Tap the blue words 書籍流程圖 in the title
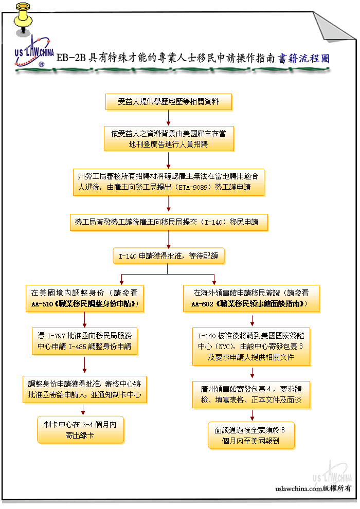(304, 59)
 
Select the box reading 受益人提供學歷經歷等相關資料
(169, 102)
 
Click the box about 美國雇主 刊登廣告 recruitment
(169, 139)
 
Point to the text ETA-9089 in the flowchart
(194, 187)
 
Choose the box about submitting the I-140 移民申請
(169, 222)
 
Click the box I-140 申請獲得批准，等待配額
(169, 256)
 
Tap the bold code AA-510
(42, 304)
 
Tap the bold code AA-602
(202, 304)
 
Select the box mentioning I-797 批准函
(85, 341)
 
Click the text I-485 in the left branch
(77, 347)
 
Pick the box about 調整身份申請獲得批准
(85, 390)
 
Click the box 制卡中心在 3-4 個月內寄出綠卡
(81, 430)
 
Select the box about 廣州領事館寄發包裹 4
(251, 394)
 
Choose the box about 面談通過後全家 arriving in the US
(251, 435)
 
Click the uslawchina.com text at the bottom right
(299, 488)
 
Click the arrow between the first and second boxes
(169, 118)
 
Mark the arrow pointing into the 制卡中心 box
(83, 409)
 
